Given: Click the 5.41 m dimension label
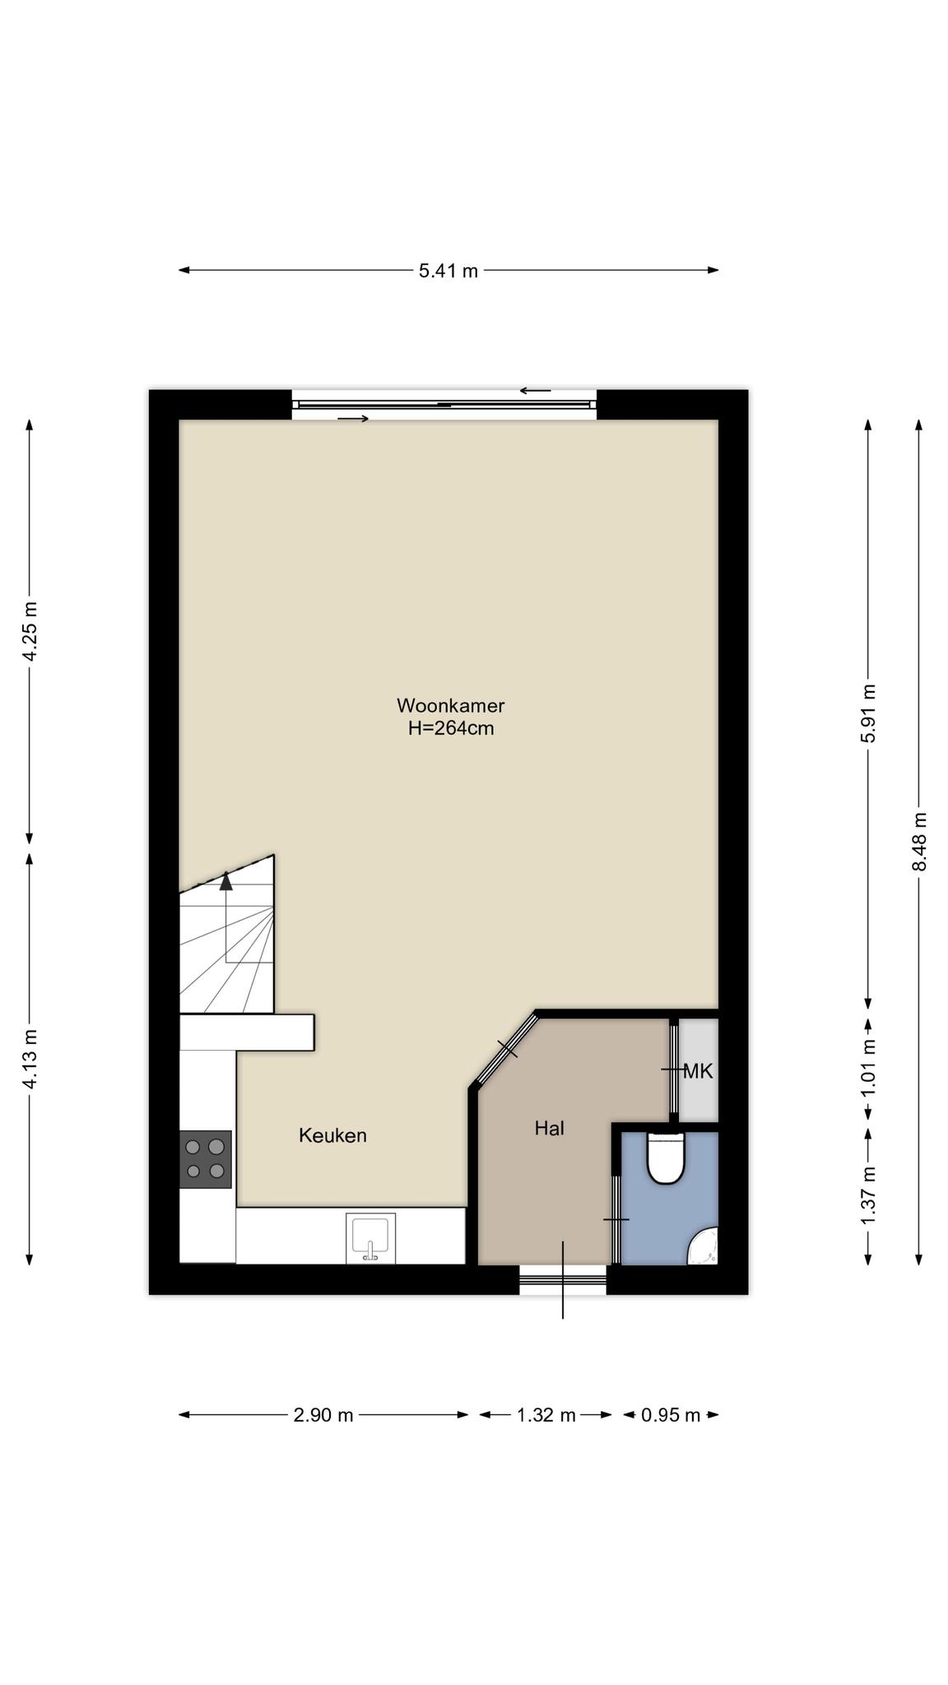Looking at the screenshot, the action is coord(448,271).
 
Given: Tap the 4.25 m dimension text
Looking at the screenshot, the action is coord(30,632).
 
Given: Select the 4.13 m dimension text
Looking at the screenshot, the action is coord(30,1059).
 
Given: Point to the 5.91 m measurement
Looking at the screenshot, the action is coord(868,713).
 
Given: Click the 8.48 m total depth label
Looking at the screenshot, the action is coord(919,842).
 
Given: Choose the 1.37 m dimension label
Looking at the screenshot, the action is coord(868,1195).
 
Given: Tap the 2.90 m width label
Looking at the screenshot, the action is coord(323,1415).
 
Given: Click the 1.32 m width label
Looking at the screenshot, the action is coord(546,1415).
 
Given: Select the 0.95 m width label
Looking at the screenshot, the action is coord(671,1415).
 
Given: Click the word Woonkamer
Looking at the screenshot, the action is coord(451,705).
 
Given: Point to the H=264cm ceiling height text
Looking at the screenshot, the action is coord(451,728).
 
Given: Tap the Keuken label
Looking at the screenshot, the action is coord(332,1135).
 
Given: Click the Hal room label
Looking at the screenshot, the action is coord(550,1128).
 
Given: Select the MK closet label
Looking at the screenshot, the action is coord(698,1071).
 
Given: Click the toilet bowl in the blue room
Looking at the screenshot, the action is coord(666,1158).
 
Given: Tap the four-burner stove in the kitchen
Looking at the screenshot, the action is coord(206,1159).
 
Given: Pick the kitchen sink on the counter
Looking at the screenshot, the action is coord(370,1238).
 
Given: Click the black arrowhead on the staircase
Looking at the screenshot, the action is coord(226,881).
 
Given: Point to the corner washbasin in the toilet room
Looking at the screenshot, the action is coord(705,1247).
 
